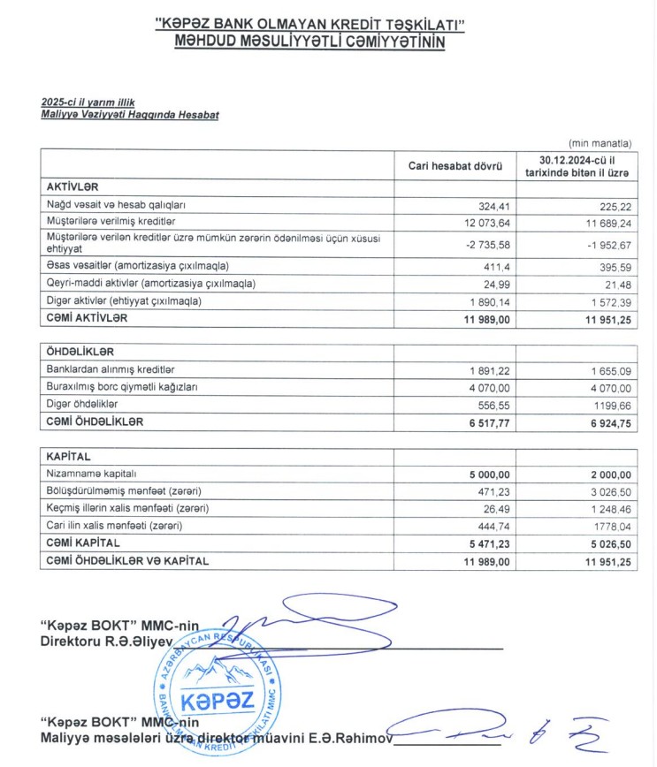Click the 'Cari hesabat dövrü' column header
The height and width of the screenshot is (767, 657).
(x=455, y=166)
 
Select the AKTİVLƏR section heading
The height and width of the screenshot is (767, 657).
(x=73, y=187)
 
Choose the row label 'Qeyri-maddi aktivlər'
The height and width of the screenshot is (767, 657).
(x=150, y=284)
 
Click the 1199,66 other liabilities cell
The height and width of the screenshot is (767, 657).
(x=610, y=404)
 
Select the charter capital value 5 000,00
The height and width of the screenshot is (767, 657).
(x=482, y=475)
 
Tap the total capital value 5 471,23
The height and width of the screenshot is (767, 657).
(x=482, y=543)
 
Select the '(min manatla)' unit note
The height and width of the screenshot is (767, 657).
(x=600, y=142)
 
